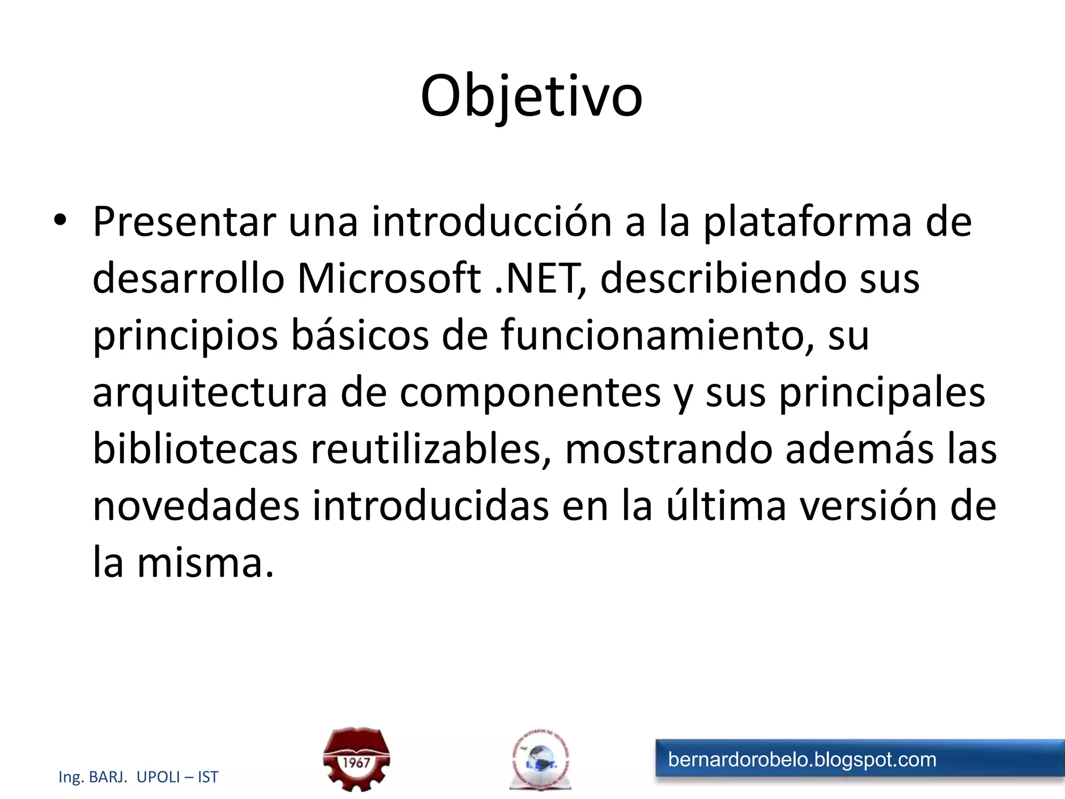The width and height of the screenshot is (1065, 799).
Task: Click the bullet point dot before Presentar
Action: click(60, 220)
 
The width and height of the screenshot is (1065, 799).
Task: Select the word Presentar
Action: click(184, 222)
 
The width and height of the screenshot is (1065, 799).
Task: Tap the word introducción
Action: click(491, 222)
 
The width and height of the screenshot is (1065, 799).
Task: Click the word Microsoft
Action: click(388, 279)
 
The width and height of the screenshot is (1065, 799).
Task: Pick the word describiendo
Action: click(722, 279)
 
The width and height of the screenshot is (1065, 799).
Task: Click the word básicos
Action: click(360, 336)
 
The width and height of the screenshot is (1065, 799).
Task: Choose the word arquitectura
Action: click(210, 393)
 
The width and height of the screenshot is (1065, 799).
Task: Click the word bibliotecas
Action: click(195, 449)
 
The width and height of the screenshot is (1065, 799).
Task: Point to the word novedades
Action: click(196, 506)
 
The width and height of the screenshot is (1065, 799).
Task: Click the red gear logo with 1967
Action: click(356, 759)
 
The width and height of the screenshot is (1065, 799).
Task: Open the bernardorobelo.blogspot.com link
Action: click(802, 760)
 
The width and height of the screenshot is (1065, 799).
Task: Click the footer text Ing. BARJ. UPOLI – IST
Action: click(138, 777)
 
